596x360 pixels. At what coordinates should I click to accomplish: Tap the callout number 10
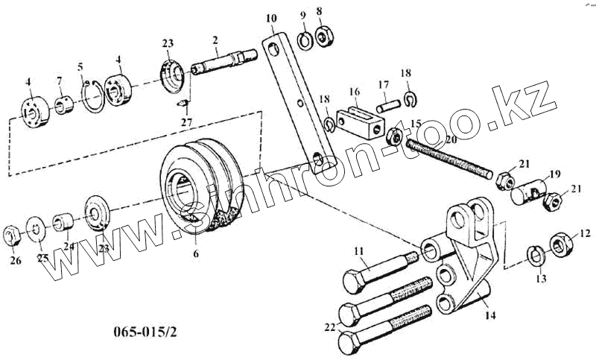tap(270, 17)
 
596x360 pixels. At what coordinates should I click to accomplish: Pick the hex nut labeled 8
tap(324, 36)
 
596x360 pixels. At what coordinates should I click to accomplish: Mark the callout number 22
tap(330, 326)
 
